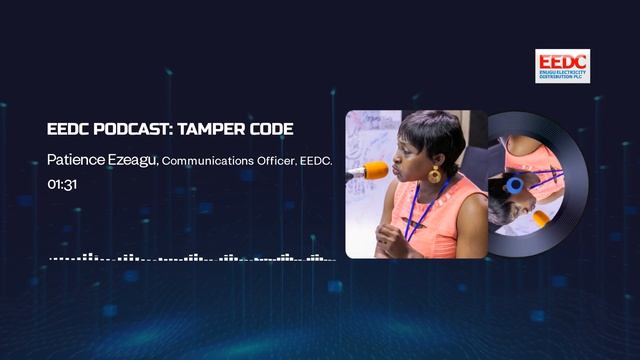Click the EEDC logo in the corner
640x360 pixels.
coord(562,66)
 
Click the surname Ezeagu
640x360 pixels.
coord(132,160)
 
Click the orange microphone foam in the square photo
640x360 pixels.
coord(373,171)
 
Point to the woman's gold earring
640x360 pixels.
coord(435,176)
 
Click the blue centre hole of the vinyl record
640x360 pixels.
coord(514,185)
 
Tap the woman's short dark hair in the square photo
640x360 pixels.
coord(430,130)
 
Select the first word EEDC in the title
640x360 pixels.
coord(66,131)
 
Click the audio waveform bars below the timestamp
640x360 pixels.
coord(190,257)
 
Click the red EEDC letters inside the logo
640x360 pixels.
coord(562,60)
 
